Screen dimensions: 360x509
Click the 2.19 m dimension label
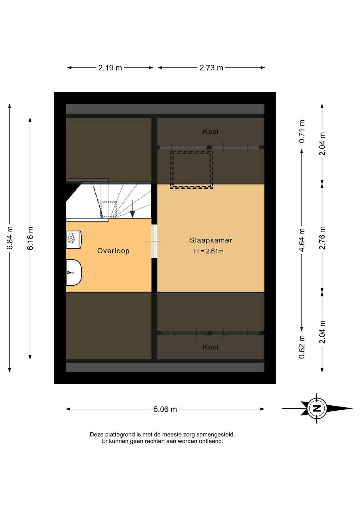pos(110,68)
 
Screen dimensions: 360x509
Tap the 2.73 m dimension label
pos(211,68)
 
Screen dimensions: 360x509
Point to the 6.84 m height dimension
pos(10,238)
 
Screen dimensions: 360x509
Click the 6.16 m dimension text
pos(30,238)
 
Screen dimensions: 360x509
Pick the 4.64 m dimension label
pos(301,240)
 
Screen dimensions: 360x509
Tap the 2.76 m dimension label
pos(322,238)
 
